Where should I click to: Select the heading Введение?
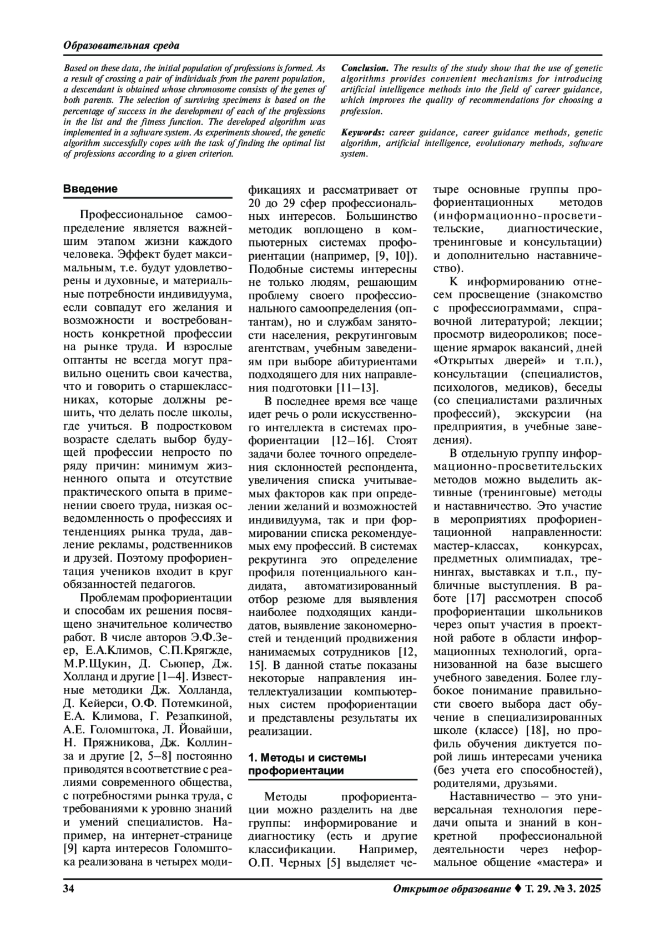pos(90,189)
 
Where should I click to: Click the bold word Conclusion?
pos(365,68)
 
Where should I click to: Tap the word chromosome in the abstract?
pos(211,89)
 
